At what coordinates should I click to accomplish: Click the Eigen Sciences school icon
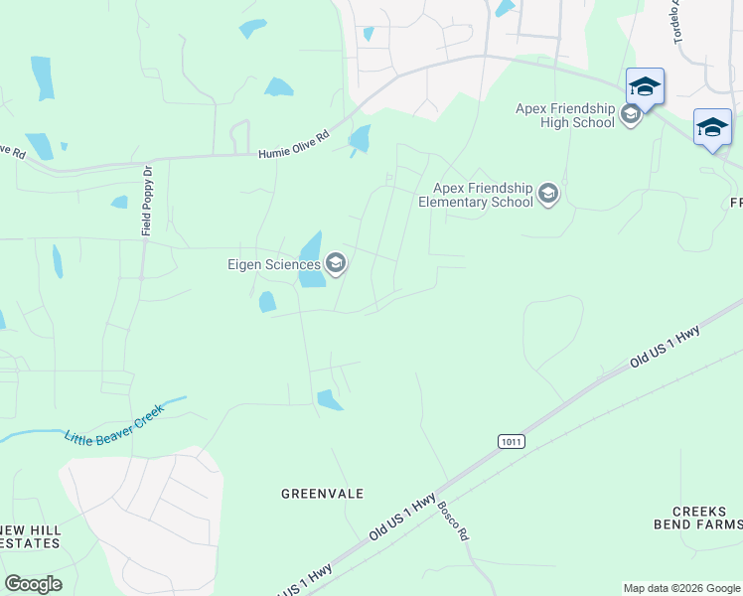[336, 263]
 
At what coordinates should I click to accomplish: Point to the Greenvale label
[322, 494]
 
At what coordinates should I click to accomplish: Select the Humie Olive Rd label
[293, 148]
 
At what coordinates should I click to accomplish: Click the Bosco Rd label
[453, 519]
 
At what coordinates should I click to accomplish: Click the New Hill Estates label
[31, 536]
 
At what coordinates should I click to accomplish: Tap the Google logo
[33, 584]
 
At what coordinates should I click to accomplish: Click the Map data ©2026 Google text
[681, 588]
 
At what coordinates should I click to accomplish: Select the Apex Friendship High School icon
[630, 115]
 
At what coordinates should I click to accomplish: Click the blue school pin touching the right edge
[712, 128]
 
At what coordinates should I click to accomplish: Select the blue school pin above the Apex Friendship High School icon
[645, 87]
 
